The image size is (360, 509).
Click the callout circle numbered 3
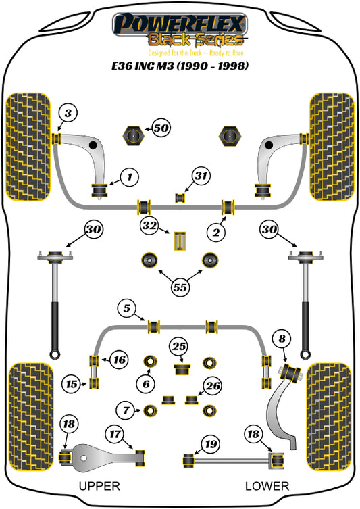coord(68,114)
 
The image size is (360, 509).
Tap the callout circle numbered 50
coord(161,128)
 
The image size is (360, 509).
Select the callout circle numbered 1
coord(130,177)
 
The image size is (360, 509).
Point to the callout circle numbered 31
coord(201,176)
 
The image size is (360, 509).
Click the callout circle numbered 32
coord(149,226)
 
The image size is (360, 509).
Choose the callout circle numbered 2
coord(216,233)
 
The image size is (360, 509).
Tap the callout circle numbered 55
coord(180,287)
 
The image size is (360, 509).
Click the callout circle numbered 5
coord(127,308)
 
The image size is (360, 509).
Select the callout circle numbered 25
coord(179,347)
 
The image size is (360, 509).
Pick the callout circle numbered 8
coord(282,339)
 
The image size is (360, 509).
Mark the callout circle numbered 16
coord(119,360)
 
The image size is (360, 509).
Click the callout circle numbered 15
coord(72,384)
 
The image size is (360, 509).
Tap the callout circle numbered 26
coord(213,386)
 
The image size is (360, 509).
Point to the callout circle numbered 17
coord(115,434)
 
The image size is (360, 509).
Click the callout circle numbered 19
coord(211,443)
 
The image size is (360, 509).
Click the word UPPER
coord(99,486)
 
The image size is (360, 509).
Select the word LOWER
coord(267,486)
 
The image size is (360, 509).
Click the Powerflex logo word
coord(180,24)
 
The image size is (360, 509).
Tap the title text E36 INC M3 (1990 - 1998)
coord(180,66)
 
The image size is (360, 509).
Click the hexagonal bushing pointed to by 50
coord(133,136)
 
